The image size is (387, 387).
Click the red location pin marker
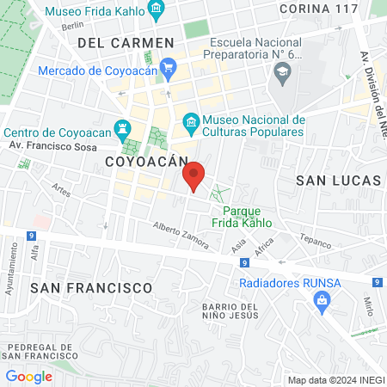click(194, 176)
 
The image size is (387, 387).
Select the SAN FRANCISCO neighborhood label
click(91, 286)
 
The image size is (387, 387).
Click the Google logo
click(28, 376)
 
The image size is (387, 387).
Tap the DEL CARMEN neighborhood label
click(126, 42)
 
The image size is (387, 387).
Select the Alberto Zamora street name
click(181, 234)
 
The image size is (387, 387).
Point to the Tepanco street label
click(315, 240)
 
